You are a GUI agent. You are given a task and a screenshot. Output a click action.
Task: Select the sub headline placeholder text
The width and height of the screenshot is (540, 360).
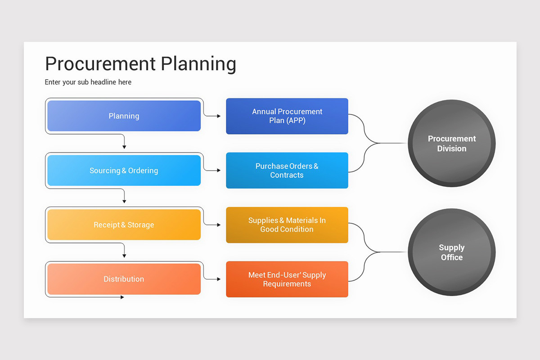[88, 82]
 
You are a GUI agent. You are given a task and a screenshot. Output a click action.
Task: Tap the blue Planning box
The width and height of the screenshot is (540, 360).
[124, 116]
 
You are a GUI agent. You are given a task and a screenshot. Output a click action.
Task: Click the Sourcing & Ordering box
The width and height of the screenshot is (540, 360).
[124, 171]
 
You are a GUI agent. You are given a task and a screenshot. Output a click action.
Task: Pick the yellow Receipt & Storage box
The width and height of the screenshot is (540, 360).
[124, 225]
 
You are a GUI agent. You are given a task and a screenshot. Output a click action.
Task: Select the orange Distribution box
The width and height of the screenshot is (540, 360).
[124, 279]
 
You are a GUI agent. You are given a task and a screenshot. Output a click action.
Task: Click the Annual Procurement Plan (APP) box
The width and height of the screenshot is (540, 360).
[287, 116]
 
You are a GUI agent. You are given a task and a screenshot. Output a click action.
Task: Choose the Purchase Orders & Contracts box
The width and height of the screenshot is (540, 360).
[287, 171]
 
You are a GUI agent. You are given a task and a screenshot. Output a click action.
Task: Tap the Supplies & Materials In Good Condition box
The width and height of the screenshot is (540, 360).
[287, 225]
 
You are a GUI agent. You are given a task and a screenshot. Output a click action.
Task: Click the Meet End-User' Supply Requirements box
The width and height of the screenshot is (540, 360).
[287, 279]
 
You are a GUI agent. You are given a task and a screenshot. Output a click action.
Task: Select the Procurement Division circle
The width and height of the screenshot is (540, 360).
[451, 144]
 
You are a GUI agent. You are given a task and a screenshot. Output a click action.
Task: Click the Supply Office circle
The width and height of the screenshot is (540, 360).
[451, 252]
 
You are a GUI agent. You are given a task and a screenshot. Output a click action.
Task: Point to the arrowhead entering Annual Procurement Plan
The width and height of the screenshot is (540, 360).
[219, 116]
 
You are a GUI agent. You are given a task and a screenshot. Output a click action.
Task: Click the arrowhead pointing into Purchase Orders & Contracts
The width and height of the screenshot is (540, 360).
[219, 171]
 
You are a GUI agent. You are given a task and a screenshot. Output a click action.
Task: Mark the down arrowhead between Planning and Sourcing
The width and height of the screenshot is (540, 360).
[124, 147]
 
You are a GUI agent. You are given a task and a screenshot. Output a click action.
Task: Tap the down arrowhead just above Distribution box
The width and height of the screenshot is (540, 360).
[124, 256]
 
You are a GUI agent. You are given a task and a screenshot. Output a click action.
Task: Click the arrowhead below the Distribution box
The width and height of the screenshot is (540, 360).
[122, 297]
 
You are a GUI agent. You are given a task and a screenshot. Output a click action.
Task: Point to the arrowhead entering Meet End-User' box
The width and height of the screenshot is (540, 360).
[219, 279]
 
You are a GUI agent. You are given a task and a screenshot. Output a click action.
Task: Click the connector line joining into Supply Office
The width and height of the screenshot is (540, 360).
[391, 252]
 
